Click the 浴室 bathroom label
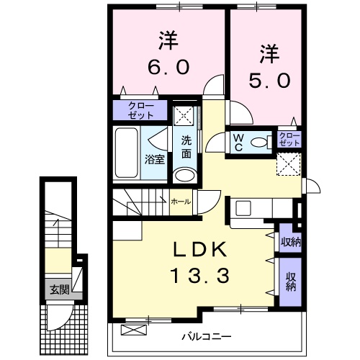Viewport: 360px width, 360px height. tap(155, 159)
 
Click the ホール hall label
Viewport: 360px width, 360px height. tap(181, 202)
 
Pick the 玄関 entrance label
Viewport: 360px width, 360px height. tap(59, 290)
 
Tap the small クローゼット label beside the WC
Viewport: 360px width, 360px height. tap(289, 138)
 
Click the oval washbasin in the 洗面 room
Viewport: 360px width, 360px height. tap(184, 175)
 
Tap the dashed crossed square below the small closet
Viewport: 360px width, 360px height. tap(291, 164)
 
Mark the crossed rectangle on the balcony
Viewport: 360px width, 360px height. tap(133, 330)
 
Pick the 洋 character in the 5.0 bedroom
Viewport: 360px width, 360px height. tap(269, 52)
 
